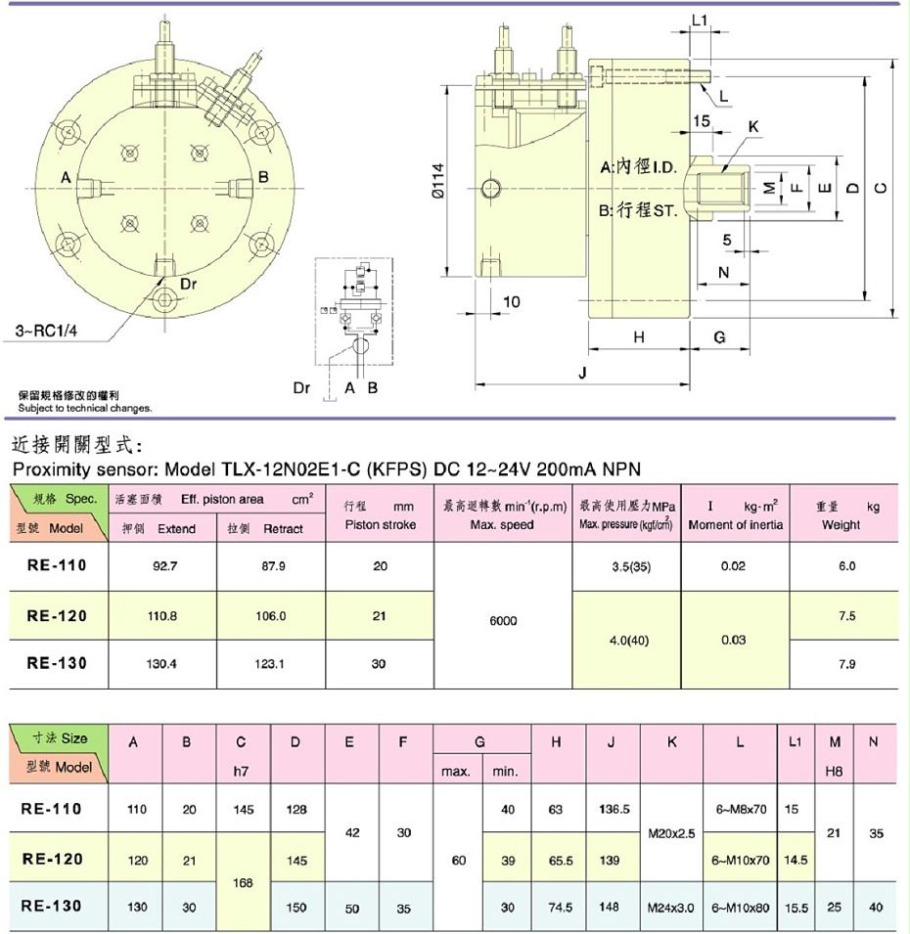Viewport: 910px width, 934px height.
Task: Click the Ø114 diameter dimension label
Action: (438, 180)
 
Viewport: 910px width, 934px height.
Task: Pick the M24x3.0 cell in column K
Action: (671, 907)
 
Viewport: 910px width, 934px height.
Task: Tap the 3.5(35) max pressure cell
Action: (626, 566)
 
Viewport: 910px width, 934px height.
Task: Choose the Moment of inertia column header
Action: (735, 525)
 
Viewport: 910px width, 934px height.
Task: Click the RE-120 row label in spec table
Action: (57, 616)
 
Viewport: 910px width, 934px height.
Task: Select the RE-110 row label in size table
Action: (57, 809)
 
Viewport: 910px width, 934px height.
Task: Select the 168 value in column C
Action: (245, 882)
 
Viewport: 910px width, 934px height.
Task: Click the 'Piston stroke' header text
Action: (381, 525)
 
